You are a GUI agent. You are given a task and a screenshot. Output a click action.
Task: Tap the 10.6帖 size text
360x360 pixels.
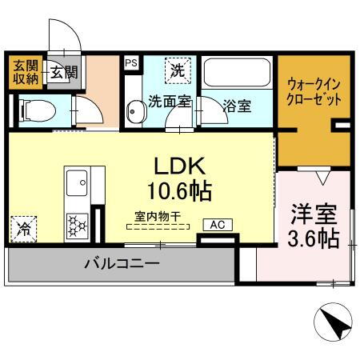point(180,191)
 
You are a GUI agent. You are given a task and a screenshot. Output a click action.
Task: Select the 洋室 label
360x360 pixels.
point(312,215)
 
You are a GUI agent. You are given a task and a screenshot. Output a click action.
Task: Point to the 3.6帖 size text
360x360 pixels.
point(312,238)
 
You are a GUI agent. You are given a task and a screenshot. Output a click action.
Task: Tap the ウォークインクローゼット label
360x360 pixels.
point(314,93)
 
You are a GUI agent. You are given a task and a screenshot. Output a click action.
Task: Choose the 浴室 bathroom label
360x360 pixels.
point(238,105)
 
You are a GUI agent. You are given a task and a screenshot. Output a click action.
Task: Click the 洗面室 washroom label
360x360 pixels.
point(169,102)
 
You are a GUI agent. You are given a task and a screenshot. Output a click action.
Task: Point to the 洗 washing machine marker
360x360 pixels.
point(177,70)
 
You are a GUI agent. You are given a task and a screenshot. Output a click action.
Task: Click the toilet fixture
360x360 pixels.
point(33,110)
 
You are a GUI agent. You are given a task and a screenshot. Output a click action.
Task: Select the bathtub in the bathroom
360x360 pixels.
point(237,75)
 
